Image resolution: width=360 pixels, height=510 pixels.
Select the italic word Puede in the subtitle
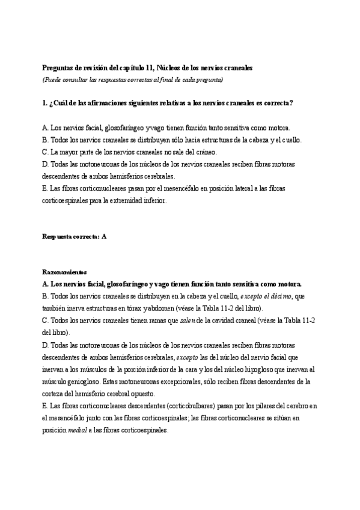[x=53, y=79]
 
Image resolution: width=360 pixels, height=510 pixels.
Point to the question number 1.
[x=44, y=103]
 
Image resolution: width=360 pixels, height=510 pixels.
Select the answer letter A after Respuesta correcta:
[x=104, y=236]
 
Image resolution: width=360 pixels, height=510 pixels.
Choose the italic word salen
[x=189, y=320]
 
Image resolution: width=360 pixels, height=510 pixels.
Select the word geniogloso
[x=81, y=381]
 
